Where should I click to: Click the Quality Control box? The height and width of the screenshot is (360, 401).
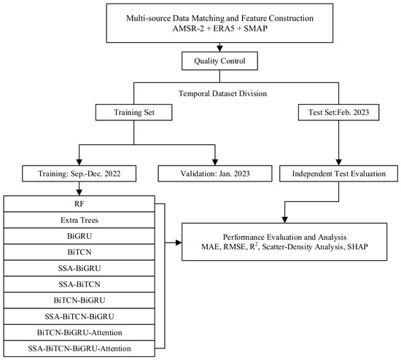[219, 61]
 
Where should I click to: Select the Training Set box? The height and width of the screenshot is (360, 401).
[133, 112]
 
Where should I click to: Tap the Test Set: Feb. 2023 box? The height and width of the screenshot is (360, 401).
[338, 112]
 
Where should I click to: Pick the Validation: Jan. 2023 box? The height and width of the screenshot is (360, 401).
[215, 173]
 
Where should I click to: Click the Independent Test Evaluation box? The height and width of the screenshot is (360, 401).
[338, 173]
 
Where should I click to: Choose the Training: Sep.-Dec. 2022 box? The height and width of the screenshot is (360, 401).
[79, 173]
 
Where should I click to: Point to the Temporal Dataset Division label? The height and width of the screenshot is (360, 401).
[222, 93]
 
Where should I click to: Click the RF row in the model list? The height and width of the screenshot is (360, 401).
[79, 204]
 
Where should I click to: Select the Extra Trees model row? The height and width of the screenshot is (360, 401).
[79, 220]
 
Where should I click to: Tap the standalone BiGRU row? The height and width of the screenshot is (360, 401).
[79, 236]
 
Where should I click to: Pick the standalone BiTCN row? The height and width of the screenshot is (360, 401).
[79, 252]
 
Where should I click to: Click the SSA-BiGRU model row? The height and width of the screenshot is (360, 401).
[79, 268]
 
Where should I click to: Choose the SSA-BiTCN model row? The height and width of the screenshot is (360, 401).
[79, 284]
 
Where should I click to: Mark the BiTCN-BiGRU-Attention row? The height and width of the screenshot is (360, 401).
[79, 332]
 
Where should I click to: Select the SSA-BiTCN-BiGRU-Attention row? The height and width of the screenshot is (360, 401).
[79, 348]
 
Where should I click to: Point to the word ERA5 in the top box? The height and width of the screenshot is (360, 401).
[224, 28]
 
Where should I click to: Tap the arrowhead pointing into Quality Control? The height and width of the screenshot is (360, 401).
[219, 49]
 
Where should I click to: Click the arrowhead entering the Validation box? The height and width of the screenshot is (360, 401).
[215, 163]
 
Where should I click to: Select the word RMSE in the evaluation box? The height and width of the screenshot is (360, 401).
[234, 247]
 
